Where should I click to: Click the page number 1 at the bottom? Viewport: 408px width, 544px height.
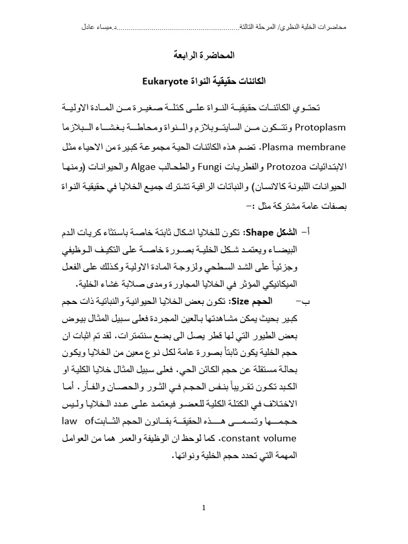[x=204, y=508]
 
